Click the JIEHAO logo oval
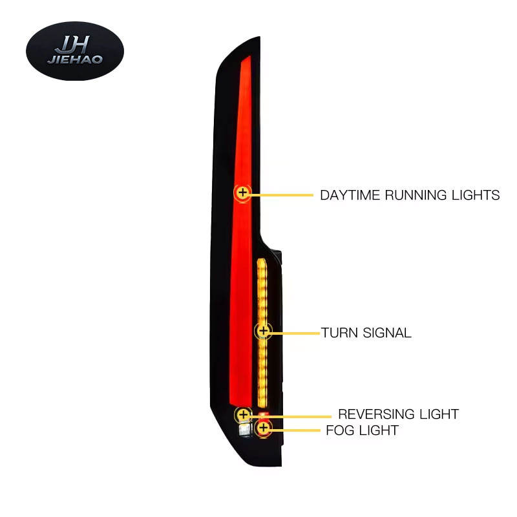click(x=74, y=50)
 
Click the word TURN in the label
click(x=335, y=333)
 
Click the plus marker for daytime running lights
click(x=242, y=192)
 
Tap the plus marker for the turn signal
click(x=263, y=331)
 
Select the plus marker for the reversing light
click(x=243, y=414)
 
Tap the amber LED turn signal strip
click(x=262, y=291)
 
